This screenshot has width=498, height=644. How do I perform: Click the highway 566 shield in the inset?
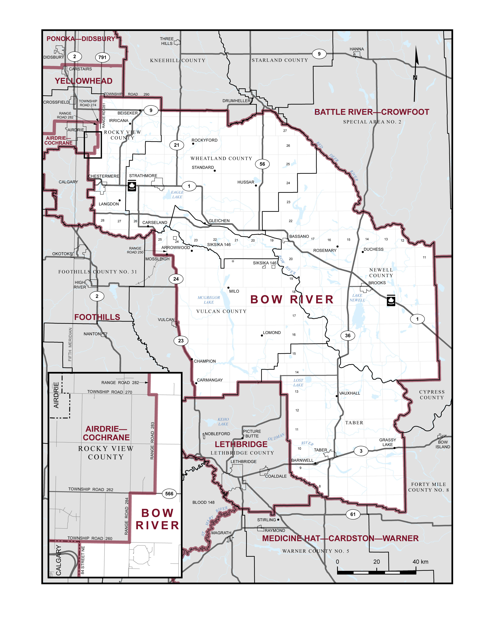pos(169,494)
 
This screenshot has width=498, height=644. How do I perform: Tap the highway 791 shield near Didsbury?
pos(102,57)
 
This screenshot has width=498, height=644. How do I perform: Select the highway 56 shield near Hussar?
pos(262,164)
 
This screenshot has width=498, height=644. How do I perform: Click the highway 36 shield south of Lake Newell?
pos(348,335)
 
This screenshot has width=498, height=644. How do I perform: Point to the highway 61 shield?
pos(353,514)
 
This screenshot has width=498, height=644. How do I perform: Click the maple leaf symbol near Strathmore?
pos(132,186)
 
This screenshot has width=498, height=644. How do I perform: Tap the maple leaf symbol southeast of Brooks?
pos(391,300)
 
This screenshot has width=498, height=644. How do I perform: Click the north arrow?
pos(416,74)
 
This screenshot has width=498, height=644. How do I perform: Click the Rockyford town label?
pos(204,140)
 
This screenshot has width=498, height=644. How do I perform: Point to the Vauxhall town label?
pos(349,393)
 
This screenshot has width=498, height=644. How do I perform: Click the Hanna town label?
pos(357,49)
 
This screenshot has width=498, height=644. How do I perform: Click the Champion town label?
pos(205,361)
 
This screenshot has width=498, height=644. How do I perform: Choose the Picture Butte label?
pos(252,433)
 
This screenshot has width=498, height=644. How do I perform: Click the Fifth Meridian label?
pos(70,344)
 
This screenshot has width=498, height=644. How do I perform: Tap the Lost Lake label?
pos(298,382)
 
